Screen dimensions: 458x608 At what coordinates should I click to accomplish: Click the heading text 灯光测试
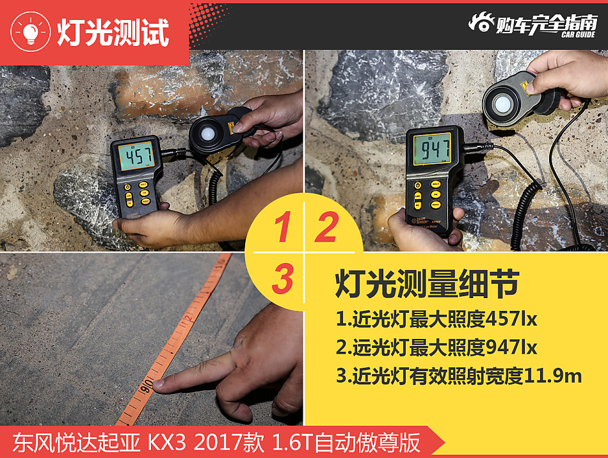113,31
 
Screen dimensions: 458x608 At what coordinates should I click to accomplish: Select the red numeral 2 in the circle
326,228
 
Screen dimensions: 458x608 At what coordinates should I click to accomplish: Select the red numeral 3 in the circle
282,279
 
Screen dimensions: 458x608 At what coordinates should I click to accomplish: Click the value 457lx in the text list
511,318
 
